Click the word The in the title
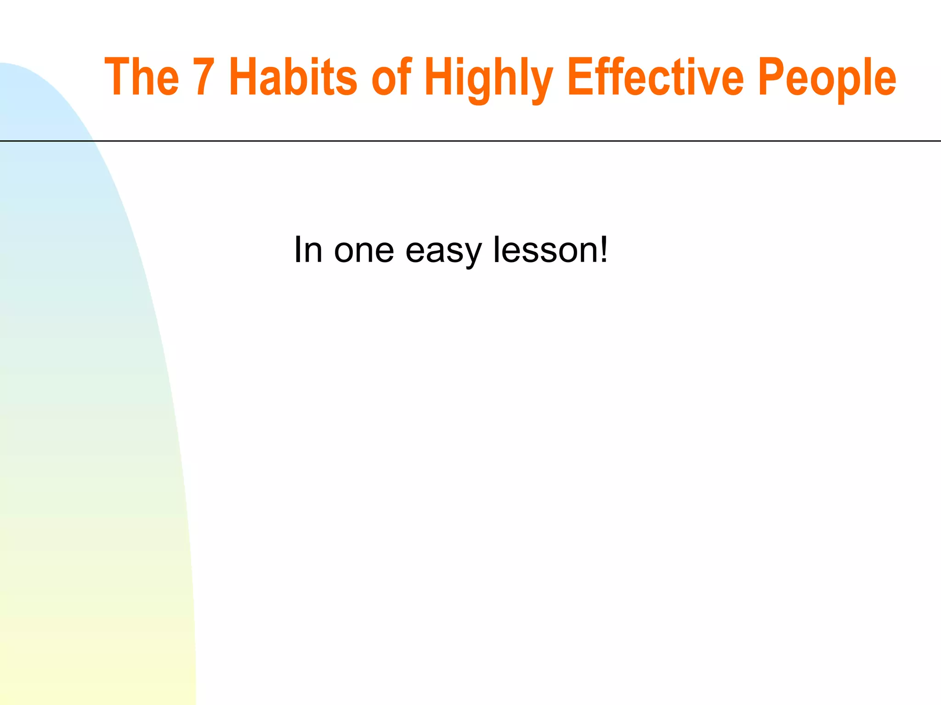(x=142, y=77)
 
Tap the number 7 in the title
(x=204, y=77)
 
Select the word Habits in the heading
(x=293, y=77)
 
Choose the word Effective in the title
(x=655, y=77)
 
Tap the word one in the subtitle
(x=364, y=250)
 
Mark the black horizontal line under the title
(x=505, y=141)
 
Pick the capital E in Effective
(x=580, y=77)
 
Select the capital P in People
(x=771, y=77)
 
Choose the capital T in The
(x=117, y=77)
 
